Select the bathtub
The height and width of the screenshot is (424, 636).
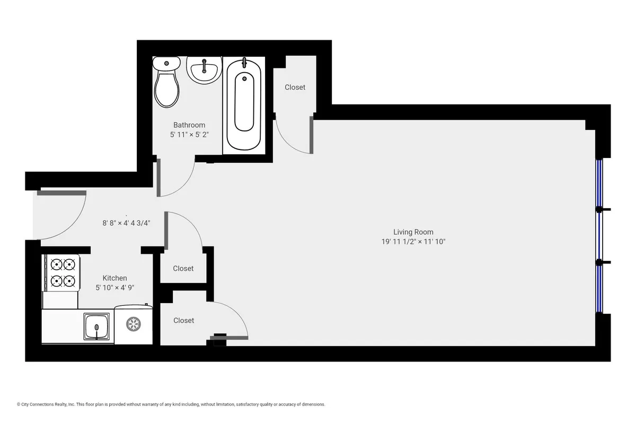click(244, 103)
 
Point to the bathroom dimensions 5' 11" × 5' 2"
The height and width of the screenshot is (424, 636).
click(189, 135)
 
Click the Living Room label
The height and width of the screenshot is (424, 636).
click(413, 232)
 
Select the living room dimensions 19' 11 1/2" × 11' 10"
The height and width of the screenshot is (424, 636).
click(413, 242)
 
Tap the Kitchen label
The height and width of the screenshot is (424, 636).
click(114, 278)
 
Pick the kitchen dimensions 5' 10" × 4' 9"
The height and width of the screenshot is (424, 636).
click(114, 287)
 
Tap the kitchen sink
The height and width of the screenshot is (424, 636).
click(96, 326)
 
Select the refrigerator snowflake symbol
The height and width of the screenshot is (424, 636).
click(134, 324)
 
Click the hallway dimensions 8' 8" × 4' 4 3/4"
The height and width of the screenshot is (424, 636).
click(127, 223)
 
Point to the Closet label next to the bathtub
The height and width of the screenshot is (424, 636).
click(295, 87)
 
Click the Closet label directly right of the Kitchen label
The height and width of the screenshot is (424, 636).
click(183, 268)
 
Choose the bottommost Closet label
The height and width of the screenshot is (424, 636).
click(183, 320)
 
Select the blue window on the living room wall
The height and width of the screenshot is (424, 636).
click(600, 236)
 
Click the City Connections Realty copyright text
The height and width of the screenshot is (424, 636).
click(171, 404)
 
